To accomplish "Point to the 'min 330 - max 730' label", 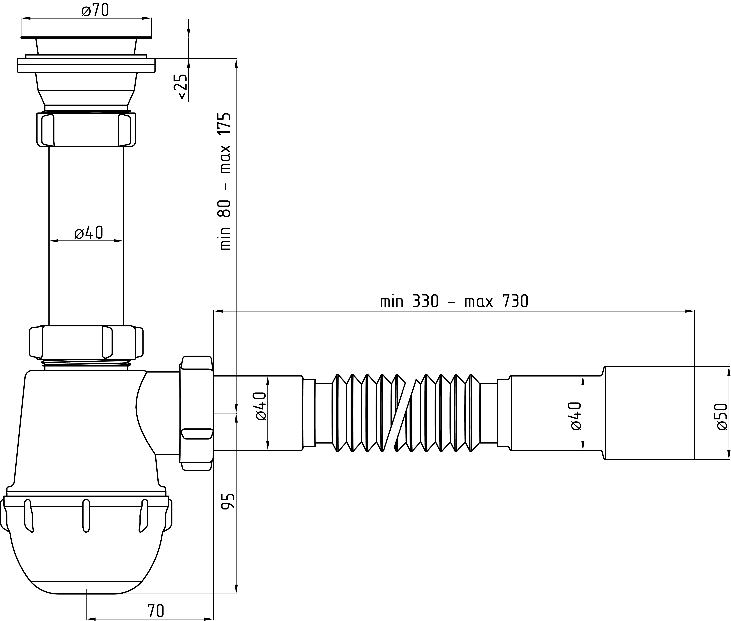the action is pyautogui.click(x=454, y=301).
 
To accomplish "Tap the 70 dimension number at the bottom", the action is pyautogui.click(x=156, y=610).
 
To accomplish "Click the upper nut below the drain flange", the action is pyautogui.click(x=86, y=129).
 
